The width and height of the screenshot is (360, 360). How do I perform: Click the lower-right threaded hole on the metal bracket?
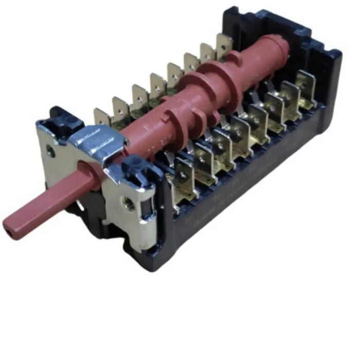click(130, 205)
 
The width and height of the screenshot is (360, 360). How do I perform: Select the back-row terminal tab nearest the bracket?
click(101, 117)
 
